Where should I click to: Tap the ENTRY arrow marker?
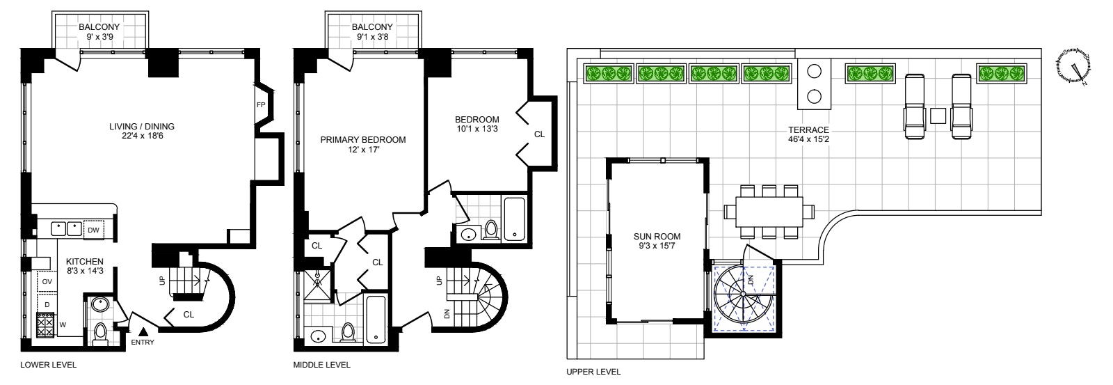coord(142,333)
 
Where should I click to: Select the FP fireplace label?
coord(261,106)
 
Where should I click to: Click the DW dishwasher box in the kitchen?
coord(93,229)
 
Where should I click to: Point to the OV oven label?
coord(47,281)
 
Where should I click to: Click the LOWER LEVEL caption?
coord(48,365)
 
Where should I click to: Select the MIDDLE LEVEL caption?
coord(322,365)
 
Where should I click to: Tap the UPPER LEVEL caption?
coord(594,372)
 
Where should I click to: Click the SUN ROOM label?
coord(657,236)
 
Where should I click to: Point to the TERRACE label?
coord(808,130)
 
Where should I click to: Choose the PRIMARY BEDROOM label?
coord(362,140)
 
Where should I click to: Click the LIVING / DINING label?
coord(141,127)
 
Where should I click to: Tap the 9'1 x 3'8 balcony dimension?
coord(376,38)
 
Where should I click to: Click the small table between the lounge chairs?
coord(938,116)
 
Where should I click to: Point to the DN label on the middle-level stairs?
coord(447,314)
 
